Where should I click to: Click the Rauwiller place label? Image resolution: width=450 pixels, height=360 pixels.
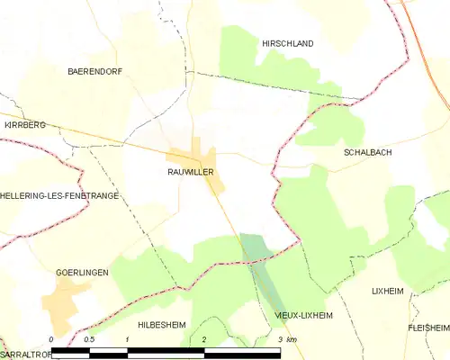189,170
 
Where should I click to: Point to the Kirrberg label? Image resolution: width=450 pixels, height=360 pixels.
24,125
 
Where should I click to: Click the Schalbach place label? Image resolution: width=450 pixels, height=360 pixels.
367,153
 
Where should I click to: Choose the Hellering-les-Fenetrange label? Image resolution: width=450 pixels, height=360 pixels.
59,195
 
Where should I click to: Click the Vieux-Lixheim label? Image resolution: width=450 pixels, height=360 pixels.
303,316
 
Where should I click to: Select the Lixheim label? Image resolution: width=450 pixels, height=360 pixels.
390,292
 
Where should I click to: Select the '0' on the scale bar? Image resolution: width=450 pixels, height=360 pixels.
52,339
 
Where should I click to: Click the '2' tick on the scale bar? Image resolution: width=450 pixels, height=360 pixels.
204,339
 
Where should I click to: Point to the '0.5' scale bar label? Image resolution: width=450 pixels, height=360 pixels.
89,339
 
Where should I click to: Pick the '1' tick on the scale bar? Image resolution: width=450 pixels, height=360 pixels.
128,339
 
